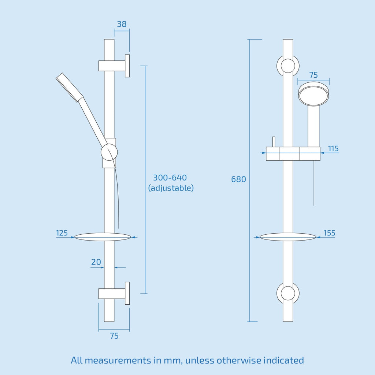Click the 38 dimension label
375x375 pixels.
pyautogui.click(x=122, y=24)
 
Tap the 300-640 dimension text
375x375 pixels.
pyautogui.click(x=170, y=178)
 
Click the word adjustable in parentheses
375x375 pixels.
pyautogui.click(x=171, y=188)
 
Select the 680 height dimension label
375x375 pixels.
pyautogui.click(x=238, y=179)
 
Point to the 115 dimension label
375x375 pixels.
pyautogui.click(x=333, y=149)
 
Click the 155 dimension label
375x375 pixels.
pyautogui.click(x=329, y=233)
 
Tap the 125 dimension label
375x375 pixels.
pyautogui.click(x=62, y=233)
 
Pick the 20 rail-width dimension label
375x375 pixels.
pyautogui.click(x=96, y=262)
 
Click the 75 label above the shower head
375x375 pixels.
pyautogui.click(x=313, y=75)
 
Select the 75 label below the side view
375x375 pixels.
pyautogui.click(x=114, y=336)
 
